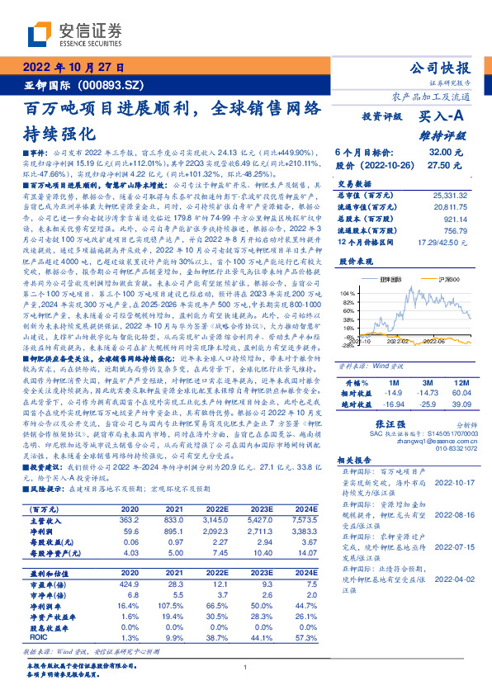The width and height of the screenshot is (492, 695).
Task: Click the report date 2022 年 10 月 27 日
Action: pos(72,67)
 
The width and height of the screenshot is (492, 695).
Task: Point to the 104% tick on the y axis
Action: pos(347,293)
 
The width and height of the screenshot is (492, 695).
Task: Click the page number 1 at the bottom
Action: pos(245,667)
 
